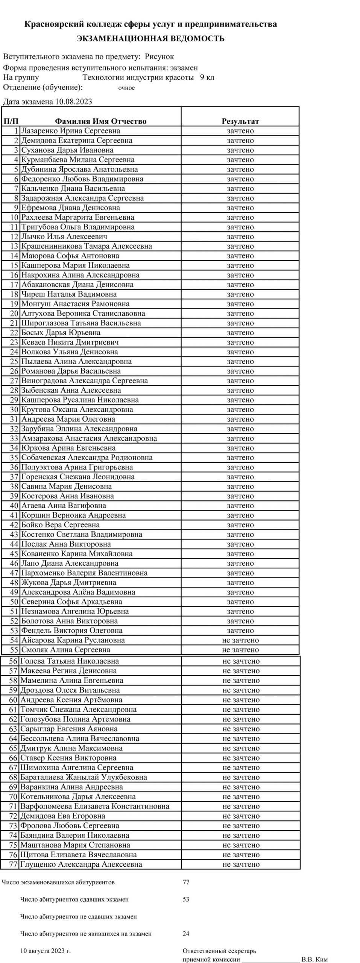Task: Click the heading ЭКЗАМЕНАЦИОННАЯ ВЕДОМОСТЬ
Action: pos(150,38)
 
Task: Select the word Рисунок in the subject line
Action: pos(159,57)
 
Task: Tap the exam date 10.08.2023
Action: pos(73,101)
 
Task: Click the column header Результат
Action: pos(240,121)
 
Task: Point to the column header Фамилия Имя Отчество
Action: pos(100,121)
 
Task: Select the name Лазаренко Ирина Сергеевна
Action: pos(71,131)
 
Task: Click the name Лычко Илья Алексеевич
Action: pos(64,237)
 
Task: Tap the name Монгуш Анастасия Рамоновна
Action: pos(75,304)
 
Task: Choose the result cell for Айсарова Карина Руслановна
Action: pos(240,640)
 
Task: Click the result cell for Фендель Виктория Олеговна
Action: pos(240,630)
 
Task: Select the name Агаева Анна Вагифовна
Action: pos(64,506)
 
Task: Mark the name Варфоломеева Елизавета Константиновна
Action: pos(95,806)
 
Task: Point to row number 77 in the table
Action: pos(13,864)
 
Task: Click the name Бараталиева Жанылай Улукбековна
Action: pos(84,777)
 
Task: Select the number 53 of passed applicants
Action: pos(186,899)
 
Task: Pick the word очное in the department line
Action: pos(126,88)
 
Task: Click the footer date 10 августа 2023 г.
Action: pos(46,951)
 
